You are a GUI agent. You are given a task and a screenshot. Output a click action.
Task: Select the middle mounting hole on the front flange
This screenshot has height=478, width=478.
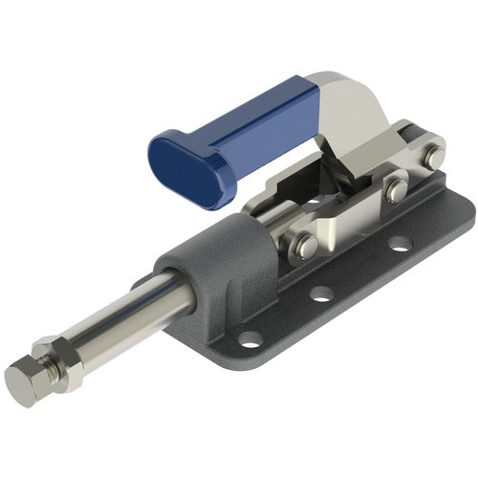coord(322,293)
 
